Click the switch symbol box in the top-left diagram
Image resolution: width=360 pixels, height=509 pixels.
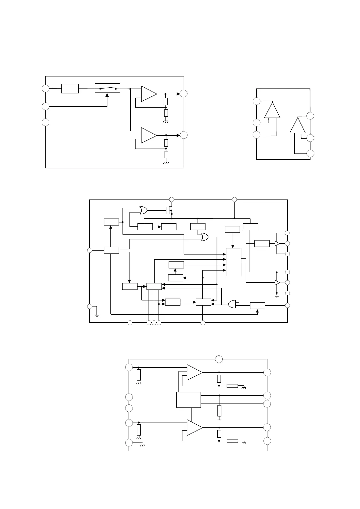(x=107, y=88)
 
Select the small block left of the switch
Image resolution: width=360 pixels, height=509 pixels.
(x=70, y=89)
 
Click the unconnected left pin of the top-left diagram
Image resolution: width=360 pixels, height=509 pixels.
(x=45, y=122)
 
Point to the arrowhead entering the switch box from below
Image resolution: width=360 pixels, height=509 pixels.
(x=107, y=95)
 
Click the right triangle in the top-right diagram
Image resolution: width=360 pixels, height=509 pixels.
(x=298, y=125)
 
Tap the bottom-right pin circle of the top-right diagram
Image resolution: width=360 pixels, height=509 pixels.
(x=310, y=154)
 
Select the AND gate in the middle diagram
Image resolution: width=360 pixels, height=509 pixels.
(x=232, y=304)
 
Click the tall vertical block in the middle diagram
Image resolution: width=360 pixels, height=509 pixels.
(x=234, y=262)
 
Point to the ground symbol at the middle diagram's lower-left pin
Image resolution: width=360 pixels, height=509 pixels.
(x=97, y=316)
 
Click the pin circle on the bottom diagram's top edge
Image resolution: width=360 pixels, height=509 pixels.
(x=219, y=359)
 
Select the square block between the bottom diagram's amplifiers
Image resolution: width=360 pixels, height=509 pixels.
(x=188, y=400)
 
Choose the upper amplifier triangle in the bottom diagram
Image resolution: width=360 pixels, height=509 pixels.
(x=194, y=372)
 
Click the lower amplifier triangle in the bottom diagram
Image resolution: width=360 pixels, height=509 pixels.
(x=194, y=427)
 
